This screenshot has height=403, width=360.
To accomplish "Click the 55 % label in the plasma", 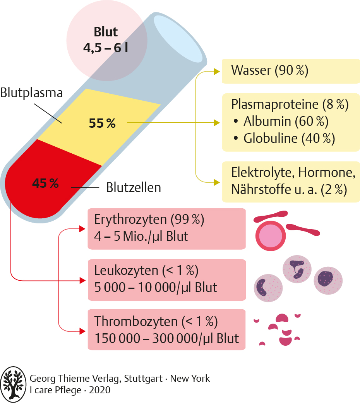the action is coord(102,123).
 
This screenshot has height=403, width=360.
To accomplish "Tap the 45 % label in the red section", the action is coord(45,183).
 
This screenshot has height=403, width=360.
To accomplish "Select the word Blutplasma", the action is coord(31,93).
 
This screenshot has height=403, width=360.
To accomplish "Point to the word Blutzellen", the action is coord(134,187).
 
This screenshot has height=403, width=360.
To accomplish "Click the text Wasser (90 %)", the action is coord(269,70).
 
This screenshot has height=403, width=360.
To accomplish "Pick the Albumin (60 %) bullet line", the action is coord(281,121).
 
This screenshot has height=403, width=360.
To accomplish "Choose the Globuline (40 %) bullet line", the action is coord(284,138).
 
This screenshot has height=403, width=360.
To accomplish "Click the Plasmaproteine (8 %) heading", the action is coord(290,105).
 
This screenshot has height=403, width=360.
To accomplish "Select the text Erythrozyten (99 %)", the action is coord(149,220).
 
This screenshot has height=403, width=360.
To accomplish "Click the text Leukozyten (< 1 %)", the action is coord(146,270).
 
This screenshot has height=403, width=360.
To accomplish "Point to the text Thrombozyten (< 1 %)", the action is coord(156,321).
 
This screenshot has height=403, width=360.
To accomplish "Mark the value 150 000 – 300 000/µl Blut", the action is coord(167,338).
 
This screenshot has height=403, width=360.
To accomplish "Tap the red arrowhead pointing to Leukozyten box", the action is coord(82,280).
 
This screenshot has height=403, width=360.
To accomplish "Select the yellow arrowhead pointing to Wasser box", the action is coord(217,72).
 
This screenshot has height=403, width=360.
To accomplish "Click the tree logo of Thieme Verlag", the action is coord(13,384).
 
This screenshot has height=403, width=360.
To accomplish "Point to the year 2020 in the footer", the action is coord(100,390).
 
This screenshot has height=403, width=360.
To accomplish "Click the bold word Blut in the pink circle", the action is coord(106,32).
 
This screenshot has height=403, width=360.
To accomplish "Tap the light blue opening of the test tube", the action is coord(178,39).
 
